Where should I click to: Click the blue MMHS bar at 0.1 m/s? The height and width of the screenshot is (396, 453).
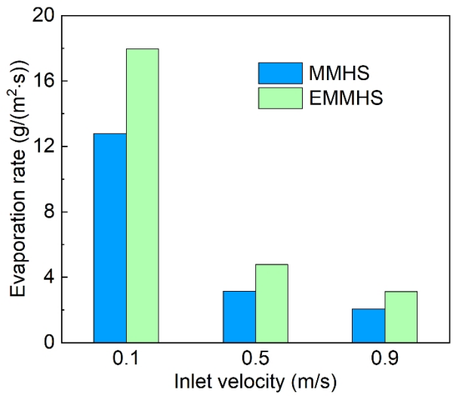coord(109,237)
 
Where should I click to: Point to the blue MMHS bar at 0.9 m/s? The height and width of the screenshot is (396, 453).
coord(368,325)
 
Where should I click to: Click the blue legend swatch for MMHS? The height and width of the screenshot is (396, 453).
coord(280,73)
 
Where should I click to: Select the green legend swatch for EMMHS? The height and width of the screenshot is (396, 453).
coord(280,97)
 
